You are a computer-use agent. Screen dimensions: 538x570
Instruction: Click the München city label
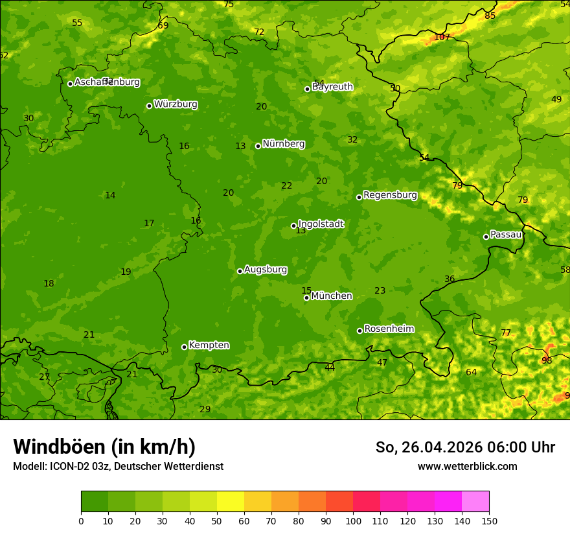tap(331, 296)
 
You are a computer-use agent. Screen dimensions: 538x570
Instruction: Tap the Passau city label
tap(506, 235)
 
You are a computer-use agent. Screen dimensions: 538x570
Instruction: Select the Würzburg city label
tap(176, 104)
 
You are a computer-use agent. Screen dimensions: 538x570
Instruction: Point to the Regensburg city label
tap(390, 195)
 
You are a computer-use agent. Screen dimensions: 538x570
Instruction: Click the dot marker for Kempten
tap(184, 347)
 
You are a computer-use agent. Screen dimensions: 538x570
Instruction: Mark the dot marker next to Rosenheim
tap(359, 331)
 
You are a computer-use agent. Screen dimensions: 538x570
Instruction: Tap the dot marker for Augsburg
tap(240, 271)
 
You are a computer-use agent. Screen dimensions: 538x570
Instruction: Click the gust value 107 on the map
tap(442, 37)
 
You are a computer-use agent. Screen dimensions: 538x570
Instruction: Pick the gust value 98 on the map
tap(547, 360)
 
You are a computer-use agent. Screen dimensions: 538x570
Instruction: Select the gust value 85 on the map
tap(490, 16)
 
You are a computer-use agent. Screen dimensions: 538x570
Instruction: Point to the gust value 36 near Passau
tap(450, 279)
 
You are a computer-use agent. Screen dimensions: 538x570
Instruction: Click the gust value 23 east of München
tap(380, 291)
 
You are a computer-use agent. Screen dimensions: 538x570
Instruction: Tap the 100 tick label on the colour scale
tap(353, 520)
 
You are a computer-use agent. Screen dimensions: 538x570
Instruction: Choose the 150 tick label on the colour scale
tap(489, 520)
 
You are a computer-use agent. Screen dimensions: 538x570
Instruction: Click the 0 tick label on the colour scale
tap(81, 520)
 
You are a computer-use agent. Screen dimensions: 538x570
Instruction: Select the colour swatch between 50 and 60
tap(231, 502)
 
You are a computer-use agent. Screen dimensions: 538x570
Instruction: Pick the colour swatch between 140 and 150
tap(475, 502)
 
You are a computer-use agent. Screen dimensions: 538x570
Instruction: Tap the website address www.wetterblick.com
tap(467, 467)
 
